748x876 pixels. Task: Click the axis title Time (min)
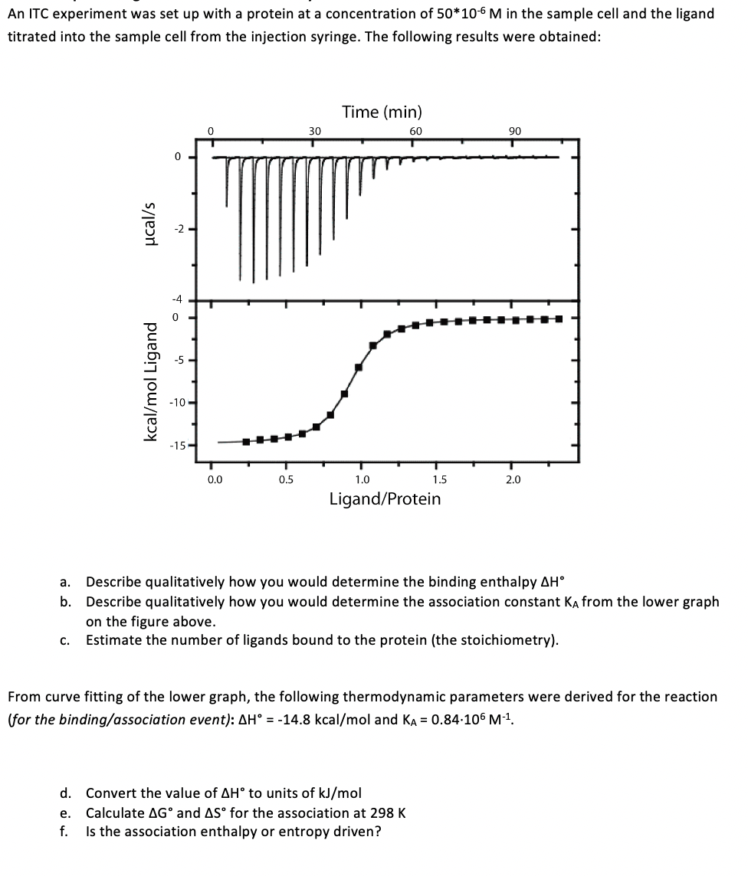click(382, 113)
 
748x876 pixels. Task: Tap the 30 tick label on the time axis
click(314, 131)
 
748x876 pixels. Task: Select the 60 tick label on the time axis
click(415, 131)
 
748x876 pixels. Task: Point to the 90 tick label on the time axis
click(515, 131)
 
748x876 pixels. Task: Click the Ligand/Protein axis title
click(385, 499)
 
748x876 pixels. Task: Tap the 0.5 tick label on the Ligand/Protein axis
click(286, 480)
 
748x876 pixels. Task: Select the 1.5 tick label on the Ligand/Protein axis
click(436, 480)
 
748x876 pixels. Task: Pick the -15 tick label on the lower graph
click(178, 446)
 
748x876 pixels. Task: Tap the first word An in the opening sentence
click(17, 14)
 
